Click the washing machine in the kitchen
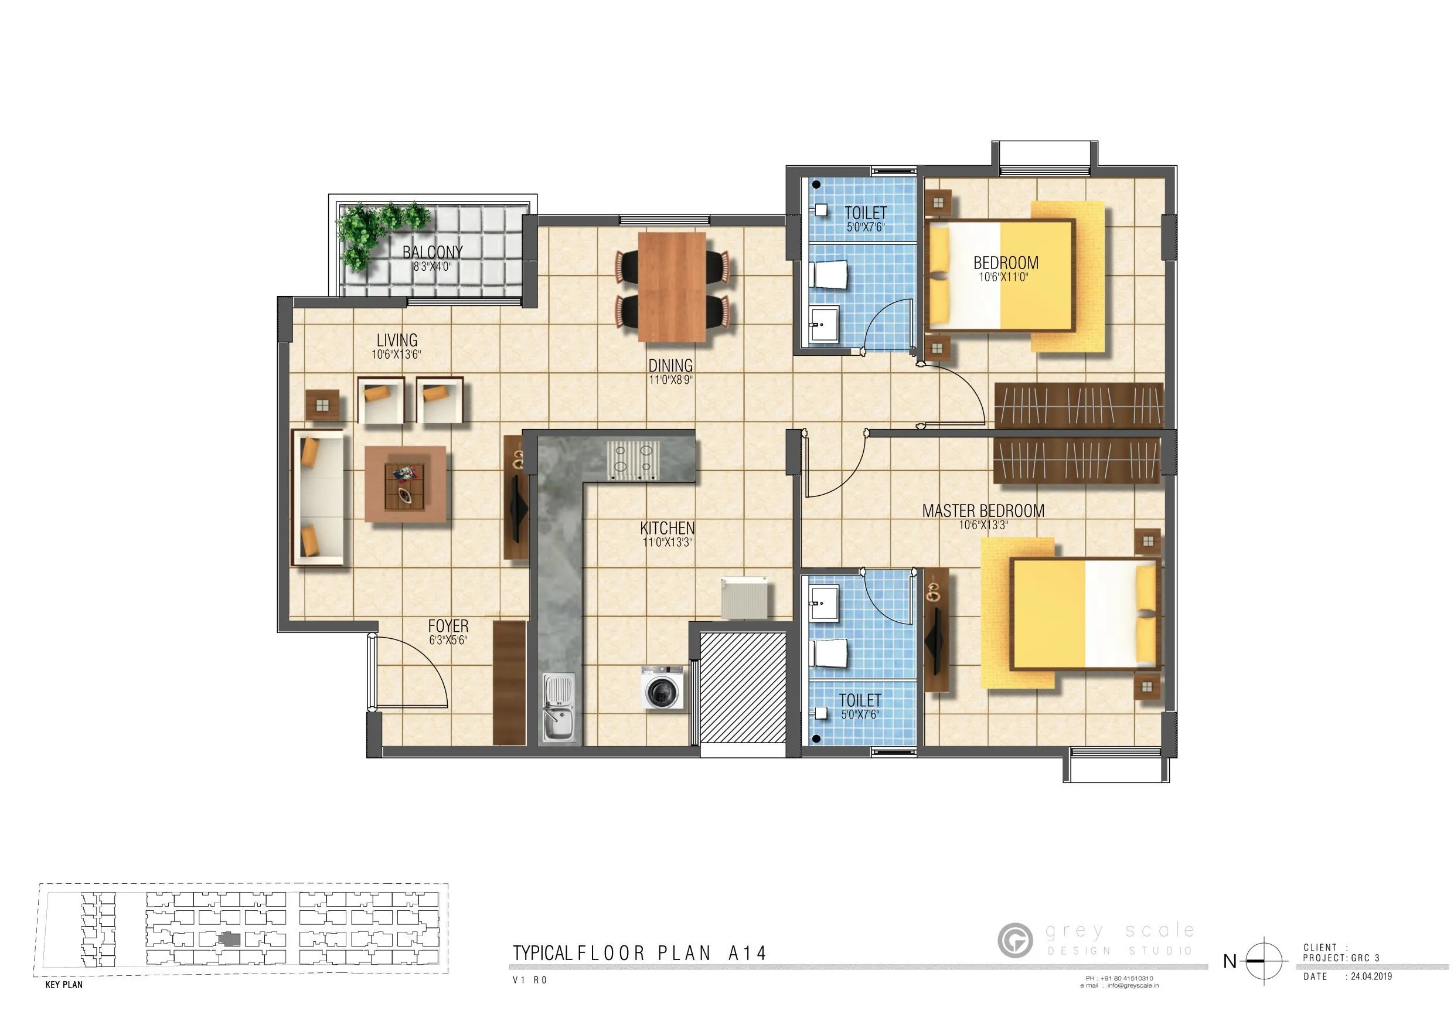(x=662, y=688)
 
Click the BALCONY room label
(x=433, y=252)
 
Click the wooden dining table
(x=672, y=287)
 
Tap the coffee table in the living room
(x=406, y=484)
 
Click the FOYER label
(x=448, y=626)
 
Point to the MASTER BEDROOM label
(x=983, y=510)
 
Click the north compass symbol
(x=1264, y=961)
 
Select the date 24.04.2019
(x=1371, y=976)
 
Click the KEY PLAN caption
(x=64, y=985)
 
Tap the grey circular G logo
(x=1014, y=940)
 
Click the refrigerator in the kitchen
(x=745, y=598)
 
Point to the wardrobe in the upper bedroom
(x=1078, y=406)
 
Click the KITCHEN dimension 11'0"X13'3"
(x=668, y=543)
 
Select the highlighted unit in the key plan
(x=230, y=940)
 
